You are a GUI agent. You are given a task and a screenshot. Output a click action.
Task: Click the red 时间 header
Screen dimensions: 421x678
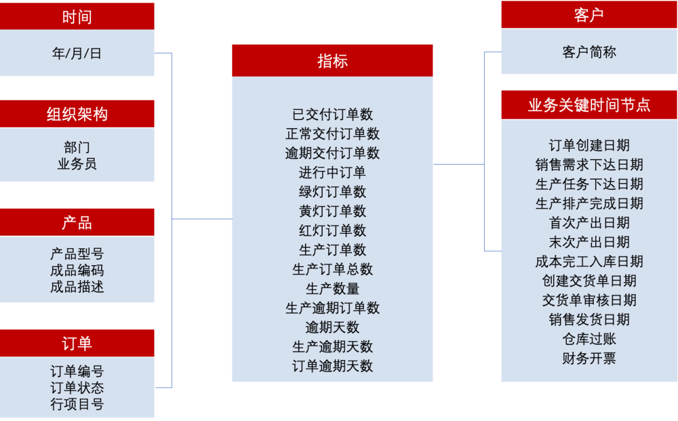click(77, 17)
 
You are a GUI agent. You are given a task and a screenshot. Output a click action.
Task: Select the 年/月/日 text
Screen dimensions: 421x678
click(77, 53)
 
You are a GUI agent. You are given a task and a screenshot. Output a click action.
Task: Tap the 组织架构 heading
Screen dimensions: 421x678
click(77, 114)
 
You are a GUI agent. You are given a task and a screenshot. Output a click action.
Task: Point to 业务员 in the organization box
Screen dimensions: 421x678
click(77, 164)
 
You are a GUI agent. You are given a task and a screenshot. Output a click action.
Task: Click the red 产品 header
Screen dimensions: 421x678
click(77, 223)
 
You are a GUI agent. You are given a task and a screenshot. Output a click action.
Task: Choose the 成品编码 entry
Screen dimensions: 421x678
click(77, 271)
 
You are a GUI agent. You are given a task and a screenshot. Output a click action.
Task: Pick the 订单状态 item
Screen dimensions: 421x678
click(77, 388)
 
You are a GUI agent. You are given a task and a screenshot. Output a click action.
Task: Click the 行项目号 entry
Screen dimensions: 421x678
click(77, 404)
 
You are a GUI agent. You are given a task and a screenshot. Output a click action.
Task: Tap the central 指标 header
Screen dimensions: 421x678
click(332, 61)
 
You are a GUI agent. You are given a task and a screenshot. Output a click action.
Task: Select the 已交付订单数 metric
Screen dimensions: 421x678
click(332, 114)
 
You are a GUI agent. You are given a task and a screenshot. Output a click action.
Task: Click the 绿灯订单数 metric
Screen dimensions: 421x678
click(332, 192)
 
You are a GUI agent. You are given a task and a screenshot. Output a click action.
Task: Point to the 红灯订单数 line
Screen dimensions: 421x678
click(332, 231)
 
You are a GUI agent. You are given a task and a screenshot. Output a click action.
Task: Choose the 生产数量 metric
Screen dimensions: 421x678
click(332, 288)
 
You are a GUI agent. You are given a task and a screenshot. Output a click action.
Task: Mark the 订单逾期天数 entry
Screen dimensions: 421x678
click(332, 366)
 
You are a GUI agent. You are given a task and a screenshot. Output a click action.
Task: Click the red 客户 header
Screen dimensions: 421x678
click(589, 16)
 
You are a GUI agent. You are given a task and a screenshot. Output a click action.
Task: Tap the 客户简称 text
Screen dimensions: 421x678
click(589, 52)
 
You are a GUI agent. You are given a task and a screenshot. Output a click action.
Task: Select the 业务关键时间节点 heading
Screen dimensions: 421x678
click(589, 105)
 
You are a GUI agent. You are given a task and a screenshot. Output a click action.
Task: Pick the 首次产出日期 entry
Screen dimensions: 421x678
click(589, 223)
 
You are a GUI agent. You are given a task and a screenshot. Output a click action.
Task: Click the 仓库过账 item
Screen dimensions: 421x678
click(589, 339)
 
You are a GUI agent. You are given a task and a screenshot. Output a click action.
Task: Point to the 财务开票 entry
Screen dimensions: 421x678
click(589, 359)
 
